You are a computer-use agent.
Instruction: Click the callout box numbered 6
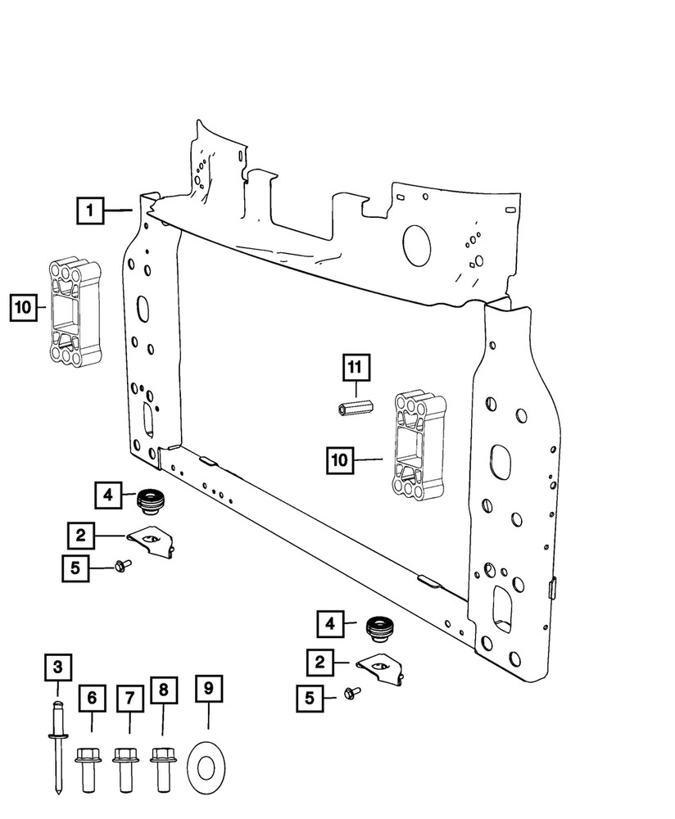pyautogui.click(x=92, y=698)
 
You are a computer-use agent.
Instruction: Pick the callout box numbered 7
pyautogui.click(x=129, y=698)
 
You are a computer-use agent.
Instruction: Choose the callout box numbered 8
pyautogui.click(x=164, y=691)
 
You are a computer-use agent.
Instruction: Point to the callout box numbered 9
pyautogui.click(x=208, y=690)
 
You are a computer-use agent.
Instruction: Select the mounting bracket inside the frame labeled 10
pyautogui.click(x=420, y=446)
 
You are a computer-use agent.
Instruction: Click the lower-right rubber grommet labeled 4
pyautogui.click(x=378, y=628)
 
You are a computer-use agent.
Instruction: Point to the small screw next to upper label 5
pyautogui.click(x=123, y=564)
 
